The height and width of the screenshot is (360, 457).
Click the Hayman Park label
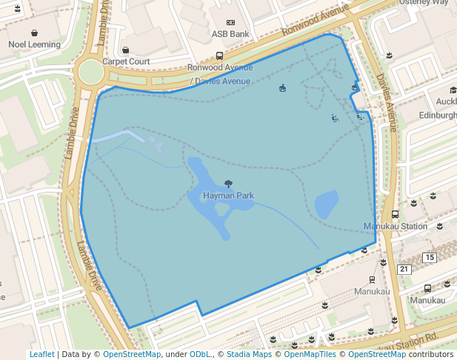tap(228, 196)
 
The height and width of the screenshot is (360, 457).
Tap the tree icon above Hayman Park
tap(228, 184)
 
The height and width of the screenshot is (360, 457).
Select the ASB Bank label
tap(230, 34)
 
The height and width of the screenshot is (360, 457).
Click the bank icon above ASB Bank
tap(230, 23)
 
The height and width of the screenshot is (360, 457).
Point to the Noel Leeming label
tap(34, 44)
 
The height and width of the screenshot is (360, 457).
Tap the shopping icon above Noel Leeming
tap(35, 33)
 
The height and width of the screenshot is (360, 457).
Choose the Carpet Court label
tap(126, 61)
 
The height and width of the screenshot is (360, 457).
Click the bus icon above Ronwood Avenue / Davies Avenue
tap(219, 56)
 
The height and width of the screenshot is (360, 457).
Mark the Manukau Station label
tap(396, 226)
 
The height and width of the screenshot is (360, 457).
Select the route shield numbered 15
tap(429, 257)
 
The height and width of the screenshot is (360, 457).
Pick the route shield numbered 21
tap(404, 268)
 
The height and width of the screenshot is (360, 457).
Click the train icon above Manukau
tap(371, 280)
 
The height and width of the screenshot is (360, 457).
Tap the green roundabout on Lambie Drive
tap(90, 72)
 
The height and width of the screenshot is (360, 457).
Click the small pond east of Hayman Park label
tap(326, 204)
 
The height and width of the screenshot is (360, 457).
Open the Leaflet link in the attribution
tap(41, 355)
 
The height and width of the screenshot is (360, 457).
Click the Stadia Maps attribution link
tap(249, 355)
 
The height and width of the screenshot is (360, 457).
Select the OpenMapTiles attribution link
tap(310, 355)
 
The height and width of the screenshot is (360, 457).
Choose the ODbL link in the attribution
tap(199, 355)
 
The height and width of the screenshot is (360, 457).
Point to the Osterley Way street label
tap(424, 2)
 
